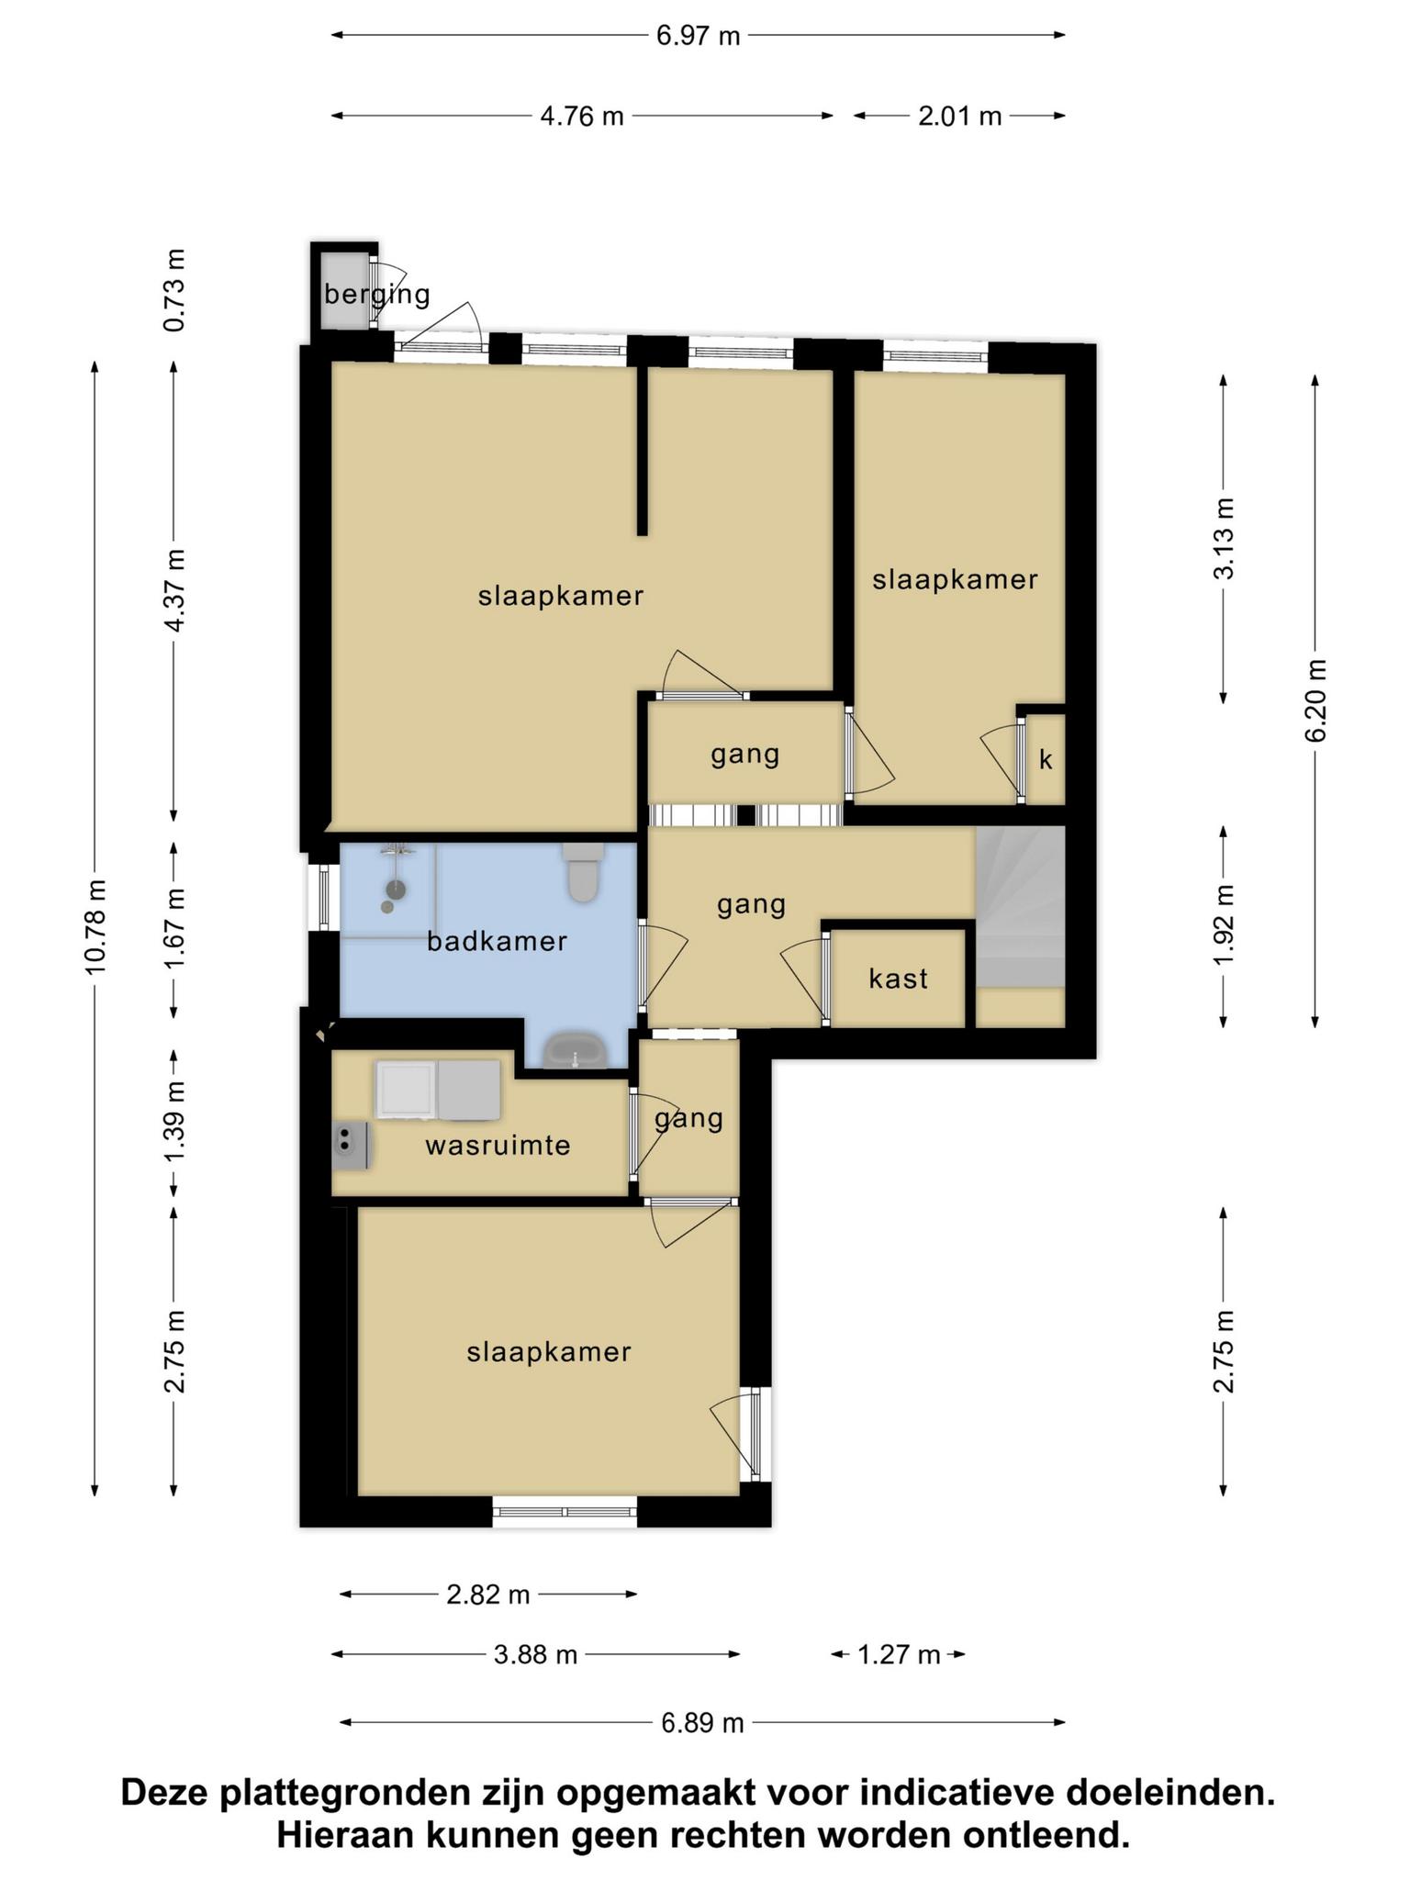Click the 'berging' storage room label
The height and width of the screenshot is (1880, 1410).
click(x=377, y=295)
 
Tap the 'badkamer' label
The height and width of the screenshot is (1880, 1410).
click(x=498, y=941)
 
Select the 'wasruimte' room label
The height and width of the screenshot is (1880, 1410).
click(x=498, y=1145)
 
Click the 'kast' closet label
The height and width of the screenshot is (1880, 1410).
click(x=898, y=979)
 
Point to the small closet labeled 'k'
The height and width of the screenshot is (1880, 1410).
click(x=1046, y=760)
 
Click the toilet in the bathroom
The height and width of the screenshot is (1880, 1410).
click(x=583, y=872)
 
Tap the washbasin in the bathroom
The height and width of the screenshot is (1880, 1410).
click(x=575, y=1050)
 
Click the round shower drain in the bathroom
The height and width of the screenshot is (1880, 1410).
click(x=396, y=889)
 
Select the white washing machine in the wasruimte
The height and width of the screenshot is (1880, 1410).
click(x=406, y=1091)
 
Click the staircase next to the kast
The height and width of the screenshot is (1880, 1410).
click(x=1020, y=906)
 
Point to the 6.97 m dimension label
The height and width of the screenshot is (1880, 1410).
click(x=699, y=36)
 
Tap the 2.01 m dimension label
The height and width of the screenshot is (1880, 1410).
click(x=960, y=116)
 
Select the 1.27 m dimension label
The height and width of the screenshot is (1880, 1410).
click(x=899, y=1654)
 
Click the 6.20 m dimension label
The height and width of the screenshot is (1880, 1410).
click(x=1315, y=700)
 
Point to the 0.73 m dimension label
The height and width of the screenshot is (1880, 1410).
click(x=173, y=290)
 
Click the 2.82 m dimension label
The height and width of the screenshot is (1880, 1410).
click(x=488, y=1595)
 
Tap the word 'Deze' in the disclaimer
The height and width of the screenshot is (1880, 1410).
click(x=168, y=1793)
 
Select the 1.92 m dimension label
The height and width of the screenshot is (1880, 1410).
click(x=1224, y=925)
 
